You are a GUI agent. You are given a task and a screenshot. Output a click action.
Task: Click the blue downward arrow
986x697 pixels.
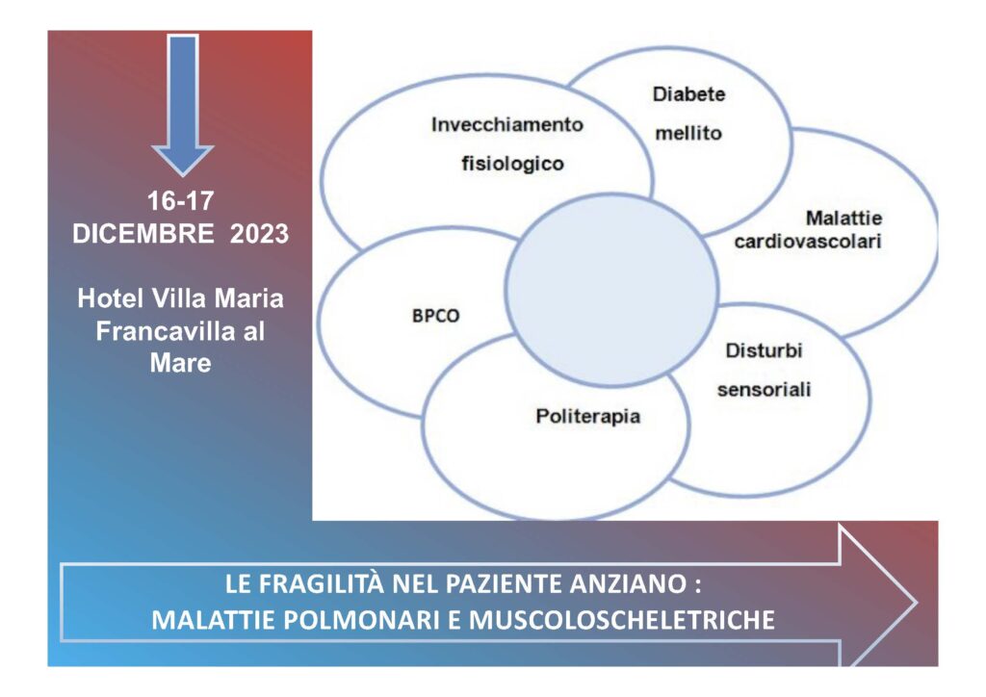183,104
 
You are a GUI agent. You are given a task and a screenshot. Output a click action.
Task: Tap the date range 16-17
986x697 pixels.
180,201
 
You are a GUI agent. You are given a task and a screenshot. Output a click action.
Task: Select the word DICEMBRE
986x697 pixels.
143,234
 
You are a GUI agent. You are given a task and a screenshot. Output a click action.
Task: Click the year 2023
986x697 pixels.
259,234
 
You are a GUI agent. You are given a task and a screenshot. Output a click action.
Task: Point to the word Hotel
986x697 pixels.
110,298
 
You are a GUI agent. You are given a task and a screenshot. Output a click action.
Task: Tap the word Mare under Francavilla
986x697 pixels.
180,363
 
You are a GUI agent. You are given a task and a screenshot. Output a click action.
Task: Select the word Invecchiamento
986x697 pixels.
507,125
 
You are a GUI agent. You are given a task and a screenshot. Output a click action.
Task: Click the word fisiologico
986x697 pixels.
512,164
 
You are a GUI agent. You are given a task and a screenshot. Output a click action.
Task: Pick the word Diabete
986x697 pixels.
689,94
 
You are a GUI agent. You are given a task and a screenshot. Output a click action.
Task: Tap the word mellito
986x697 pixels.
688,133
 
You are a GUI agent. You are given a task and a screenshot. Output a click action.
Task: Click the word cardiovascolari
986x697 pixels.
808,242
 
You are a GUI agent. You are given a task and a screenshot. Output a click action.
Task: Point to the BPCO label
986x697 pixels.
436,316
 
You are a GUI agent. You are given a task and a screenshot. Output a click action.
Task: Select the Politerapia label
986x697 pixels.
588,417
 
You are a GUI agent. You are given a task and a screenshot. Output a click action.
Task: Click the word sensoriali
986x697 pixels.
764,390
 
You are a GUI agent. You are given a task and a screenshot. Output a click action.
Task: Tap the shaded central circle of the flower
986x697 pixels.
611,290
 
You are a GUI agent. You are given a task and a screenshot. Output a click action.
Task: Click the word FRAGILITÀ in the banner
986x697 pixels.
321,583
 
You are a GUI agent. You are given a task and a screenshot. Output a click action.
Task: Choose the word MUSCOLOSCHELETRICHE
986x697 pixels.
622,620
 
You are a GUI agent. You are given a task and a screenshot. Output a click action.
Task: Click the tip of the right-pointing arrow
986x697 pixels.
917,603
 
